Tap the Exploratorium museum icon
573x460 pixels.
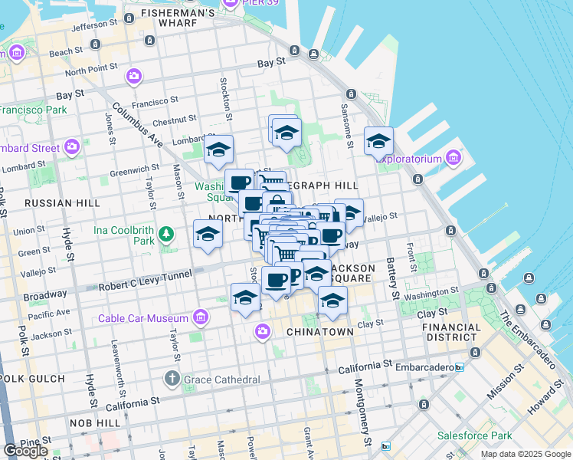click(x=453, y=159)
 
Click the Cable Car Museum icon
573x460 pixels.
click(x=201, y=317)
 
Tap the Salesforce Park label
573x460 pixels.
click(x=474, y=435)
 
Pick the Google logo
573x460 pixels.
click(x=25, y=450)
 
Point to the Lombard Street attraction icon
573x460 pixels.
click(x=72, y=146)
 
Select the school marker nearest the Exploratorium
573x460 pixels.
click(x=378, y=141)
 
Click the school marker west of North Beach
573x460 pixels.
click(x=207, y=236)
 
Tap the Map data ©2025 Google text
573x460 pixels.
click(x=526, y=454)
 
